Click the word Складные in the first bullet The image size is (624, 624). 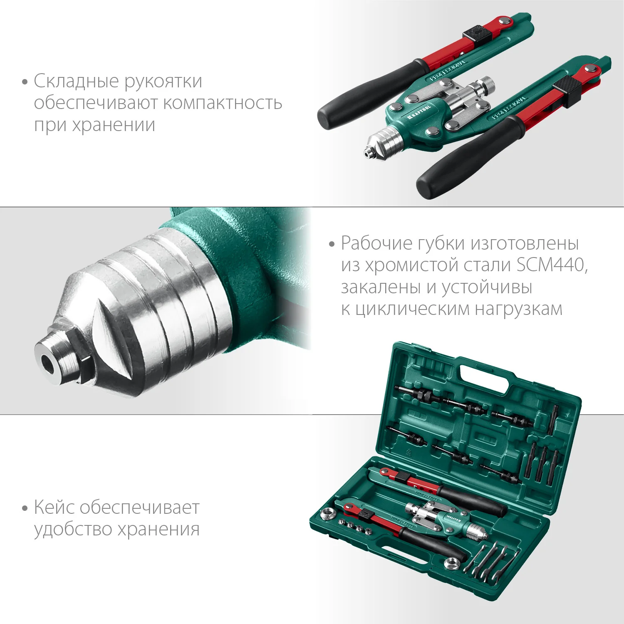(x=76, y=81)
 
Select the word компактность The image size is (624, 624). (x=222, y=103)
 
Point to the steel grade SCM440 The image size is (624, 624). (x=551, y=265)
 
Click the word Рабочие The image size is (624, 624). (x=376, y=243)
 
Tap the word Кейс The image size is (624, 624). (x=54, y=508)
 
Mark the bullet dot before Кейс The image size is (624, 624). (x=25, y=508)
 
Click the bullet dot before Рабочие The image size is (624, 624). (x=332, y=244)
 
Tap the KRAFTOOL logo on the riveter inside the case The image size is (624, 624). (x=453, y=519)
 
